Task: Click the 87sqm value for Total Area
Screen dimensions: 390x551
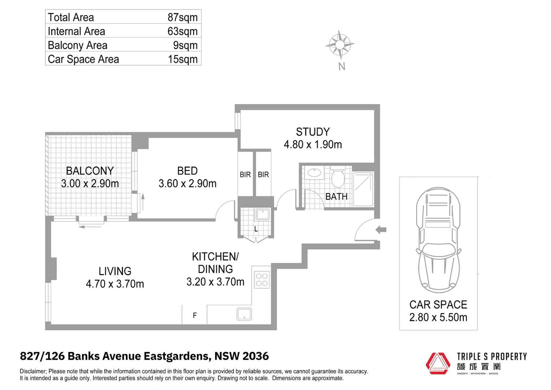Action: tap(182, 17)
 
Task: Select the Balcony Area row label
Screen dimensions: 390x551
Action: tap(78, 45)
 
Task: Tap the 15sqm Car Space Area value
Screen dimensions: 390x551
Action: tap(183, 59)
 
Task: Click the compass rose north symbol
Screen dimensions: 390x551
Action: tap(340, 44)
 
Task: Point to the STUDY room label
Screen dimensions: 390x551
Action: tap(312, 132)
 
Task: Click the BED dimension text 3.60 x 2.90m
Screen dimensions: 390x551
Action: tap(187, 183)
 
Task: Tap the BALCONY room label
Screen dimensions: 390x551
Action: tap(90, 170)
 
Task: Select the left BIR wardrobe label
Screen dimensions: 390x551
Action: tap(245, 175)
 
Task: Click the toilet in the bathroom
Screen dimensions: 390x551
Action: tap(338, 177)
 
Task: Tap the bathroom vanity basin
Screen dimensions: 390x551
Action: tap(315, 173)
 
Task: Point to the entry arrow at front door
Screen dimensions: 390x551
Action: tap(381, 229)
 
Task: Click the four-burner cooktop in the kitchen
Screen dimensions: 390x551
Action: tap(262, 280)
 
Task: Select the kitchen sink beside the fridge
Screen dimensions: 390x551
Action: tap(244, 314)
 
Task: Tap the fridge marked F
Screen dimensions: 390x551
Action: tap(194, 315)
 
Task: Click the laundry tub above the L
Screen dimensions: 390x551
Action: tap(262, 214)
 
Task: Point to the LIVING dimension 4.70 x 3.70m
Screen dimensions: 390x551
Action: tap(115, 284)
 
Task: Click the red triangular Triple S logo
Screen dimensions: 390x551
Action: tap(438, 363)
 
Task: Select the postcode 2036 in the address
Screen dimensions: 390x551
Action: tap(255, 356)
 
